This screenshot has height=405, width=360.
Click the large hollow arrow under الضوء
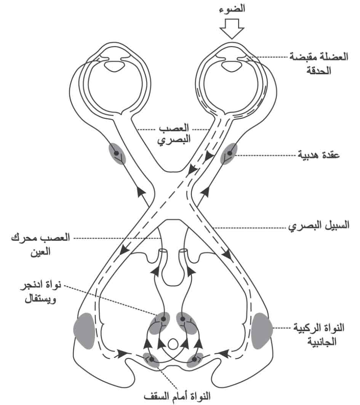click(x=232, y=29)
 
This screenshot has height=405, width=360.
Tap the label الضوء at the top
click(x=232, y=9)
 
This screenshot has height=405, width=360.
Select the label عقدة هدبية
click(x=318, y=155)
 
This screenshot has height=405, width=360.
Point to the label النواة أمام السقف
click(x=177, y=396)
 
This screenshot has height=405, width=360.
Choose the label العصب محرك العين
click(x=40, y=244)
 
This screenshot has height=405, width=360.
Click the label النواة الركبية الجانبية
click(x=319, y=335)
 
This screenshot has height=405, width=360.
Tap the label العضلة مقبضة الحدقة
click(x=319, y=63)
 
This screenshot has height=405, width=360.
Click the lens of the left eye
click(x=114, y=66)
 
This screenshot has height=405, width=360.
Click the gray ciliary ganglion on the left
click(x=117, y=154)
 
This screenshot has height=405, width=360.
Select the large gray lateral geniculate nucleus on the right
click(x=262, y=331)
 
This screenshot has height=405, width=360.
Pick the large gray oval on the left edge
click(x=84, y=331)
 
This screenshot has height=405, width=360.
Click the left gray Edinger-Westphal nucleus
click(x=160, y=323)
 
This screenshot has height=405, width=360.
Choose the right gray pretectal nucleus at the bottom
click(x=195, y=360)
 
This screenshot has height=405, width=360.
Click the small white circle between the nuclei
click(x=173, y=344)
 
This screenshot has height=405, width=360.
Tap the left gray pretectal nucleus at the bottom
click(x=151, y=360)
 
